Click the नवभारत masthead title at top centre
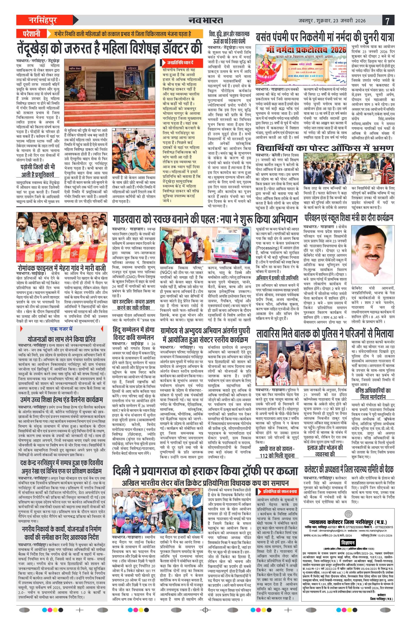206,20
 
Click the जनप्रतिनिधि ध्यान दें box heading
180,63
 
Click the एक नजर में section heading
61,329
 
